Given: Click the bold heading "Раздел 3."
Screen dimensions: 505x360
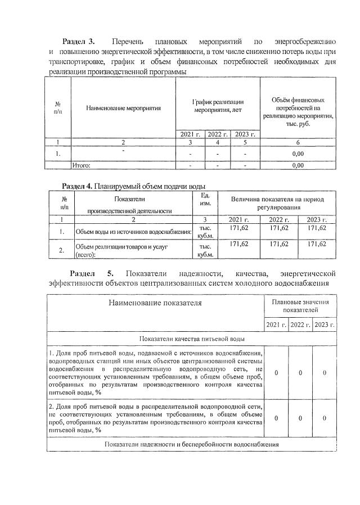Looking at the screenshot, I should [x=78, y=42].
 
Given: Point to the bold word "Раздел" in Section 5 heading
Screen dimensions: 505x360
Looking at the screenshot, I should [x=78, y=274].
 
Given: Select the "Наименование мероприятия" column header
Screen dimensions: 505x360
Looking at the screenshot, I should [x=123, y=107].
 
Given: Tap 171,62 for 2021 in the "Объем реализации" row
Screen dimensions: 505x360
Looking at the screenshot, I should [x=240, y=244].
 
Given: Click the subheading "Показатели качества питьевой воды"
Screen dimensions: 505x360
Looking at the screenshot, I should [x=192, y=339].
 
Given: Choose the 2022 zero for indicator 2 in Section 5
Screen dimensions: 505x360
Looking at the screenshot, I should [x=300, y=418].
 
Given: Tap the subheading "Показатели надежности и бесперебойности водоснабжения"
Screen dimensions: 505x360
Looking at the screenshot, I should [x=192, y=444].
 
